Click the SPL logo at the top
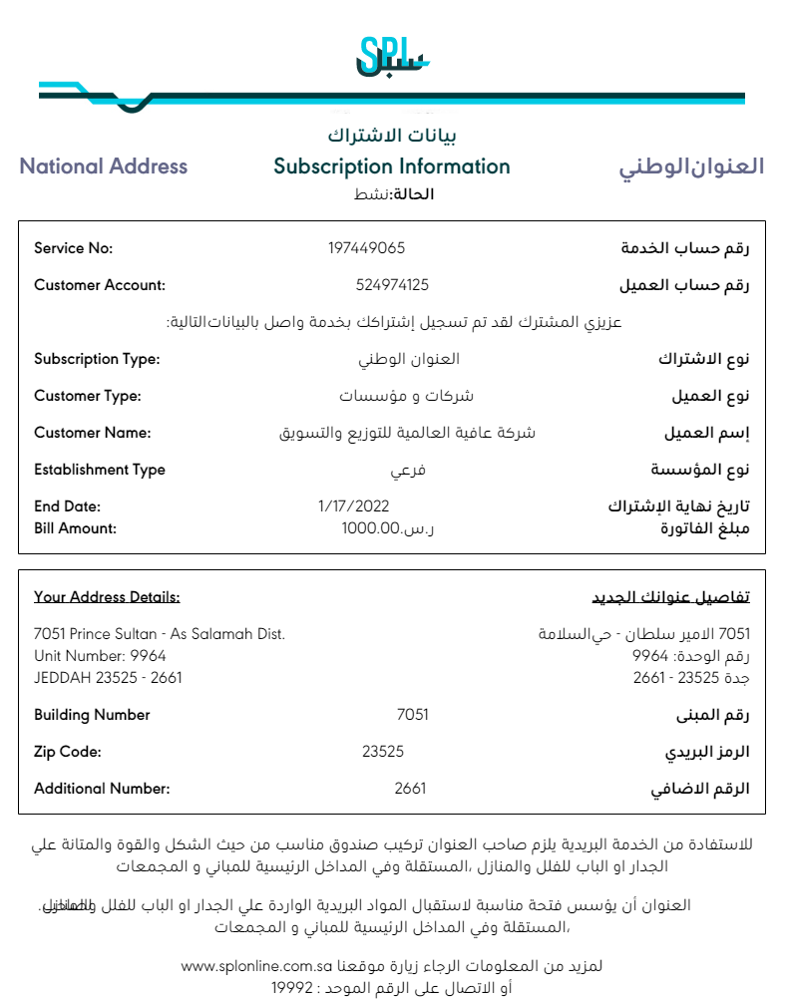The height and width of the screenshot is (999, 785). click(x=391, y=57)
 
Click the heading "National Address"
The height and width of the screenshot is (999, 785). click(x=104, y=166)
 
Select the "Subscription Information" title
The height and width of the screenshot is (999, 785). click(x=392, y=166)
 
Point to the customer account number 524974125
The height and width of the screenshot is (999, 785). click(x=392, y=285)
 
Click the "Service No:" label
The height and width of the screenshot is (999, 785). click(x=74, y=248)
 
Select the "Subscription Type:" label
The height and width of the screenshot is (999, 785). click(x=97, y=359)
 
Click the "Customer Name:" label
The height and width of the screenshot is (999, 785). click(x=92, y=433)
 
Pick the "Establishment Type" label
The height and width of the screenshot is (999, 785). click(x=100, y=470)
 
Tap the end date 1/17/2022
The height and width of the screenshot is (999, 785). click(x=352, y=506)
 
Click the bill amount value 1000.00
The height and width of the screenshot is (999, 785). click(x=371, y=528)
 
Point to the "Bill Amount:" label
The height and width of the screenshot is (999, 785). click(x=75, y=528)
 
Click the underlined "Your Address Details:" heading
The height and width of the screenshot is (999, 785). click(x=107, y=597)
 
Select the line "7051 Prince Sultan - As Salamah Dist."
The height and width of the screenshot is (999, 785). click(x=160, y=634)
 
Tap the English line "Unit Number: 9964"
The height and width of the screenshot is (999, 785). click(x=100, y=656)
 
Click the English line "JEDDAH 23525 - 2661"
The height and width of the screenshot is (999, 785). click(x=108, y=678)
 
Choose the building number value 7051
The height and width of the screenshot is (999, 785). click(x=412, y=715)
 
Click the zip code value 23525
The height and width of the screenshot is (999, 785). click(x=383, y=752)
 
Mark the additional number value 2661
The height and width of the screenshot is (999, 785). click(x=410, y=789)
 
